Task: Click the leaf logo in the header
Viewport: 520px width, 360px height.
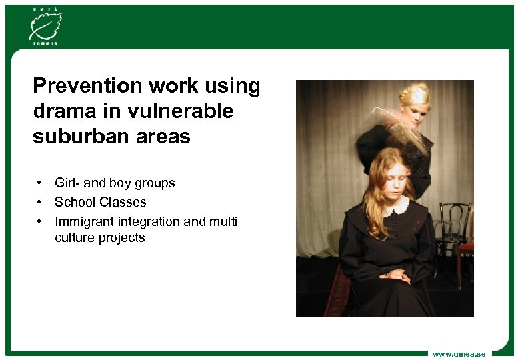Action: pyautogui.click(x=44, y=26)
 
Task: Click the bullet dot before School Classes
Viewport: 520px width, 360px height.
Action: pyautogui.click(x=41, y=201)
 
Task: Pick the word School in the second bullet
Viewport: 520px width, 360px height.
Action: pyautogui.click(x=75, y=202)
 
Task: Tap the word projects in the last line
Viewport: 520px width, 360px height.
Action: pyautogui.click(x=121, y=238)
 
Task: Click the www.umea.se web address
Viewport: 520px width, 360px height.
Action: pyautogui.click(x=459, y=353)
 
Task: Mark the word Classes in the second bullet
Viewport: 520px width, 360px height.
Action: pyautogui.click(x=123, y=202)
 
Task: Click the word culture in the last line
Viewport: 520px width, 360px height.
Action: pyautogui.click(x=75, y=238)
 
